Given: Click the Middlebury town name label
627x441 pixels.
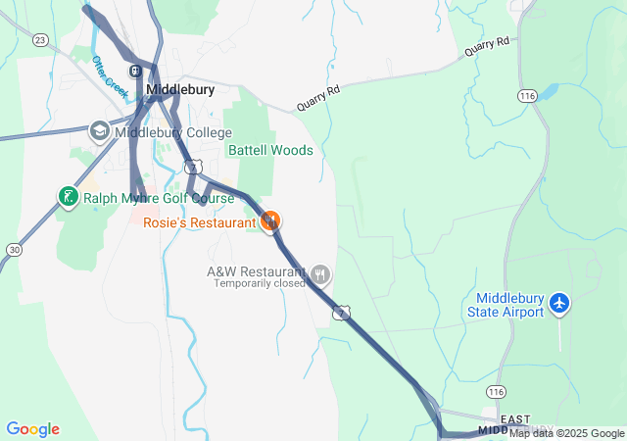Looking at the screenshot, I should pos(180,89).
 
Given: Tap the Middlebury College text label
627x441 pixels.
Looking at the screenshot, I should pos(173,132).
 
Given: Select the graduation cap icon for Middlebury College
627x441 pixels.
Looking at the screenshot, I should pos(99,130).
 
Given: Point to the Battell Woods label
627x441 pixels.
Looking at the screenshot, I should pos(270,150).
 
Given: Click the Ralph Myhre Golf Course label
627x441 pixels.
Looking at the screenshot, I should pos(159,198).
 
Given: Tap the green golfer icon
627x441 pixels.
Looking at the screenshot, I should pos(67,197).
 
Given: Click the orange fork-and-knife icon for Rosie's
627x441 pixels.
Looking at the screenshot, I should pos(271,221).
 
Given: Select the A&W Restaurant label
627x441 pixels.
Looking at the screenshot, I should pos(255,271).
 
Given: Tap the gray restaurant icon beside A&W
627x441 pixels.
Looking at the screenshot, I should pos(320,274).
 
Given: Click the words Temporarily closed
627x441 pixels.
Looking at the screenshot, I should pos(261,284).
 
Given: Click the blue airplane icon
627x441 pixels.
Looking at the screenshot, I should pos(559,304).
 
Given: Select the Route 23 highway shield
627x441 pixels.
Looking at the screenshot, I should pos(40,39).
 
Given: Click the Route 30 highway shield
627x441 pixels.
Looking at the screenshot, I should pos(13,250).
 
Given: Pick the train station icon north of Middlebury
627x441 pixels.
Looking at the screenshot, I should pos(136,71).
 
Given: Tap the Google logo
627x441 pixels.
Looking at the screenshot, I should pos(32,429).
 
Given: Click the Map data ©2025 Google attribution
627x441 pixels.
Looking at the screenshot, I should pos(566,434).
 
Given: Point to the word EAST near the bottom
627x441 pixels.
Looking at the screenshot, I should pos(515,418).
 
